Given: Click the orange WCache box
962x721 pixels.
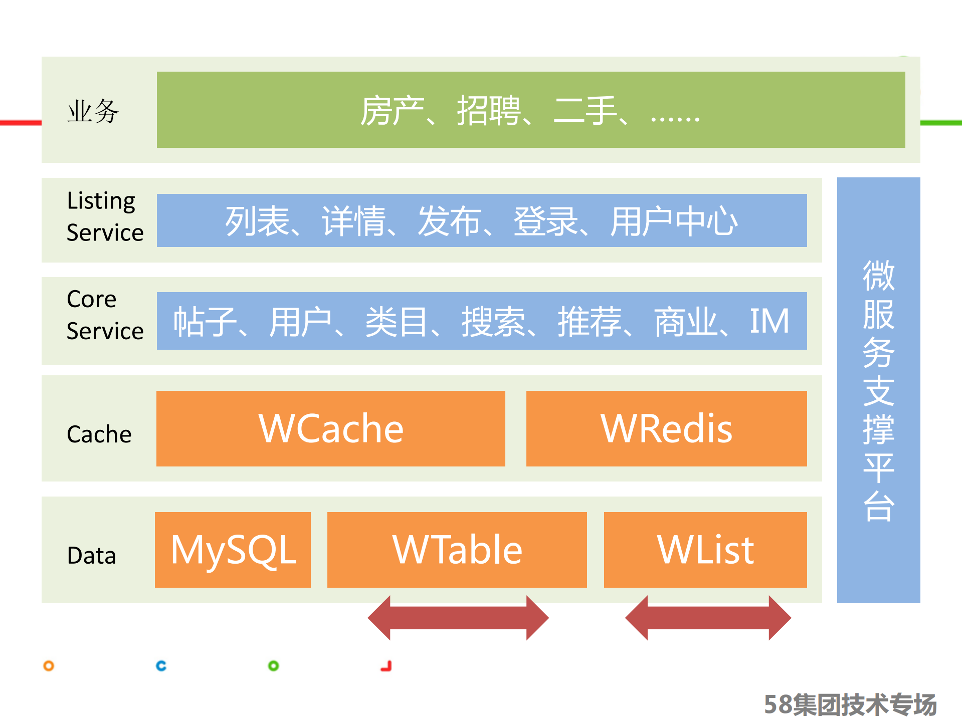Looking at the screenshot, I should point(330,428).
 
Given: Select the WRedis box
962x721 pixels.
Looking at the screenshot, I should point(666,428).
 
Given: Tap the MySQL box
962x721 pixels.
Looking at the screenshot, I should point(233,550).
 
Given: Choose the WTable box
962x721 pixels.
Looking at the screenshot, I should point(457,550).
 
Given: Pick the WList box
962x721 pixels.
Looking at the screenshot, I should point(705,550).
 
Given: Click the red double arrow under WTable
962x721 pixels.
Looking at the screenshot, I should point(458,618).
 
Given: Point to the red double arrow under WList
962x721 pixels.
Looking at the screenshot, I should point(708,618).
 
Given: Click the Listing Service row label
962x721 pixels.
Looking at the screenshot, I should point(105,216).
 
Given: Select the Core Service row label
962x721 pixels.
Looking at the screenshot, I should point(105,315).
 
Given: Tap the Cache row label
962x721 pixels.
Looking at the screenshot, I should point(99,434).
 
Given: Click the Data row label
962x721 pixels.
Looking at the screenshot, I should point(91,555).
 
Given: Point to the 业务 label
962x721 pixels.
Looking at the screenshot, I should point(93,111).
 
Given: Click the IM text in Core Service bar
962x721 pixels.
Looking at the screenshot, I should point(769,321).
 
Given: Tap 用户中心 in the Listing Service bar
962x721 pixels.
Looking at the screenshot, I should point(673,221).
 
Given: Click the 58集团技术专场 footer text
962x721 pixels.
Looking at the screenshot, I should point(850,704).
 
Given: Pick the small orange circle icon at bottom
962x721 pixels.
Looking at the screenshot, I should point(49,666).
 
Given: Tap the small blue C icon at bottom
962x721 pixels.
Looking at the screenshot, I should point(161,666).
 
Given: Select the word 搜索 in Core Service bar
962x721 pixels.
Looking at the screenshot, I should point(493,321).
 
